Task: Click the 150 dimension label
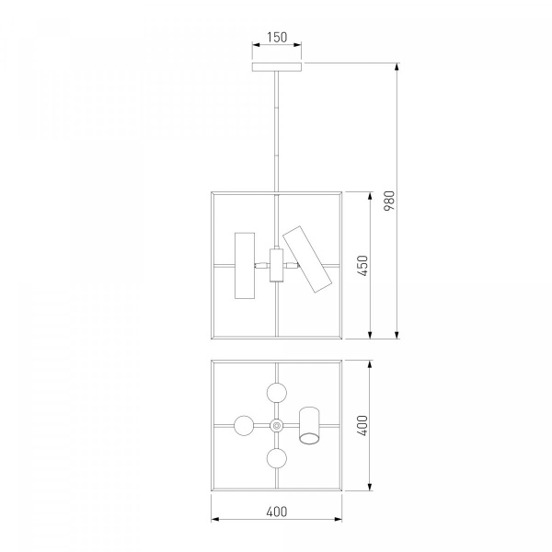coord(277,37)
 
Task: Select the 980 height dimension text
coord(389,201)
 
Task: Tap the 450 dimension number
coord(362,266)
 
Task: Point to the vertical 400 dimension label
coord(362,425)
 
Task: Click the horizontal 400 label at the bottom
coord(277,512)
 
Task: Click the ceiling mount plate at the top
coord(277,67)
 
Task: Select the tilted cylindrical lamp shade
coord(307,259)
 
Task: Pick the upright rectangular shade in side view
coord(245,266)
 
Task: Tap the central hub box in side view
coord(276,265)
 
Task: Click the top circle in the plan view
coord(277,393)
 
